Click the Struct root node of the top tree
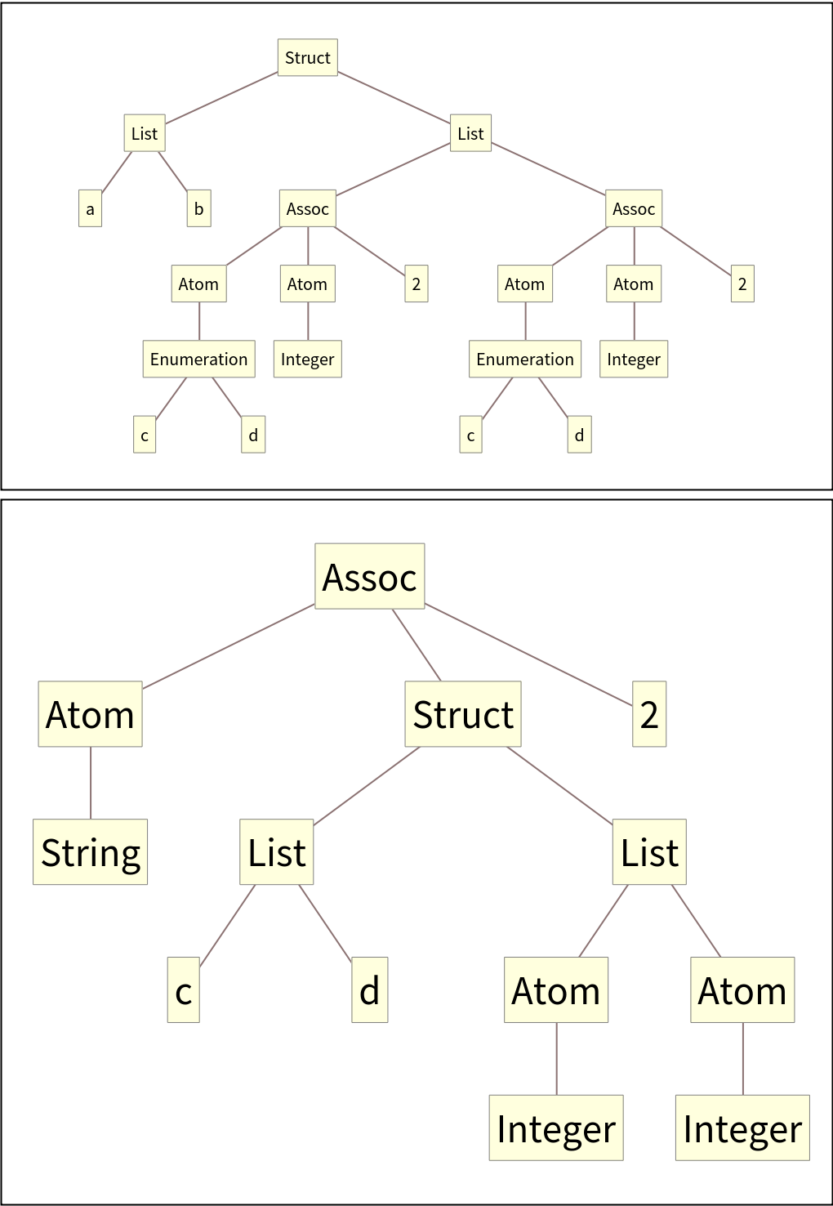[x=307, y=57]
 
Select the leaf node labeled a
[x=90, y=208]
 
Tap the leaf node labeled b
[x=198, y=208]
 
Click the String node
[x=91, y=852]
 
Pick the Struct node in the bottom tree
[x=463, y=714]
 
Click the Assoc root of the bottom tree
[x=370, y=577]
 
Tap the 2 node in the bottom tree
[x=649, y=714]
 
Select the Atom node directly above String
[x=91, y=714]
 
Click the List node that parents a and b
[x=145, y=133]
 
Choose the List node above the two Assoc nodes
[x=470, y=133]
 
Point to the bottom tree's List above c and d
[x=277, y=852]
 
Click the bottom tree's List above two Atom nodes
[x=649, y=852]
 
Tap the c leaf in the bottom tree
[x=184, y=990]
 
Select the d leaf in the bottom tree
[x=370, y=990]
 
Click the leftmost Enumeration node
[x=198, y=360]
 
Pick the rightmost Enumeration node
[x=525, y=360]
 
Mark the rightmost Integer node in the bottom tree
[x=742, y=1128]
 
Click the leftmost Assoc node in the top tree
[x=307, y=208]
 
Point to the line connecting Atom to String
[x=91, y=783]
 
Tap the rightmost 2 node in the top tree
[x=742, y=284]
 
